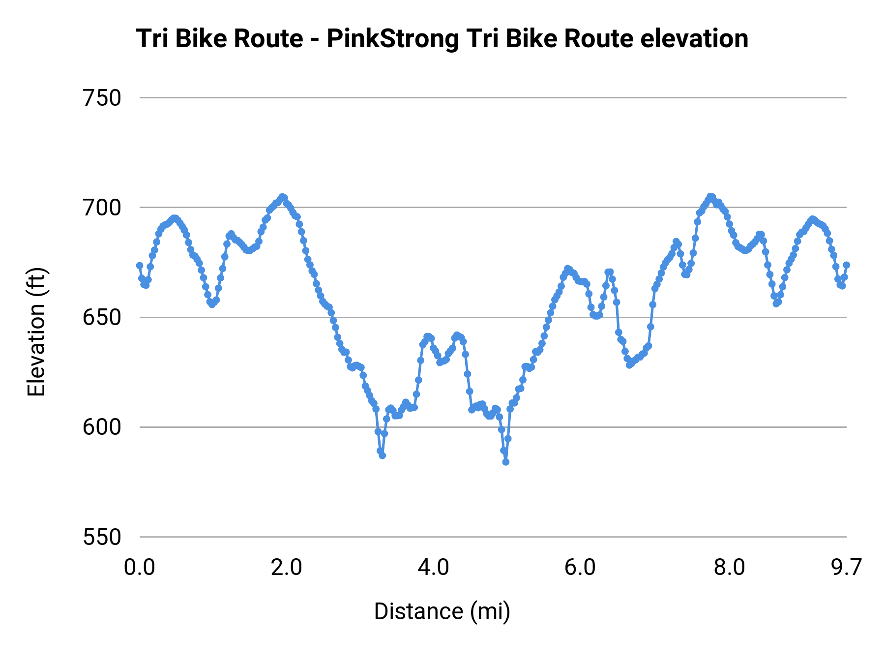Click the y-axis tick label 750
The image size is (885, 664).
pyautogui.click(x=102, y=98)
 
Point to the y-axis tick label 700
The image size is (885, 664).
pyautogui.click(x=102, y=208)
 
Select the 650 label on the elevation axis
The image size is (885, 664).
pyautogui.click(x=102, y=317)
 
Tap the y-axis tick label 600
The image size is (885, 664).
pyautogui.click(x=102, y=427)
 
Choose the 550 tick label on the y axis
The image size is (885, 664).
pyautogui.click(x=102, y=537)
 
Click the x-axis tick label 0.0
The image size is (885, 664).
pyautogui.click(x=139, y=568)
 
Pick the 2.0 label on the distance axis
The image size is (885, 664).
pyautogui.click(x=286, y=568)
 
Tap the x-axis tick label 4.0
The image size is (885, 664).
pyautogui.click(x=433, y=568)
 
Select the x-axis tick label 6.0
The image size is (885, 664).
pyautogui.click(x=580, y=568)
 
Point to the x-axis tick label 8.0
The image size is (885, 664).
pyautogui.click(x=729, y=568)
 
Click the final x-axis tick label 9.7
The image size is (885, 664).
pyautogui.click(x=846, y=568)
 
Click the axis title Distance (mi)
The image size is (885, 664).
pyautogui.click(x=442, y=611)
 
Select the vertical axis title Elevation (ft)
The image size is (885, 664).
pyautogui.click(x=36, y=332)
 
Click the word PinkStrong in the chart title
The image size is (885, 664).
pyautogui.click(x=392, y=39)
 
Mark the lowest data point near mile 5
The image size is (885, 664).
pyautogui.click(x=505, y=462)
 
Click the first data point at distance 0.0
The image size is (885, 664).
pyautogui.click(x=140, y=266)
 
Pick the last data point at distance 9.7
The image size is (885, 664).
pyautogui.click(x=846, y=265)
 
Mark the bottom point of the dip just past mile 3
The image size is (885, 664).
pyautogui.click(x=382, y=455)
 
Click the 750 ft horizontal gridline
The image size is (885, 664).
pyautogui.click(x=492, y=98)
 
